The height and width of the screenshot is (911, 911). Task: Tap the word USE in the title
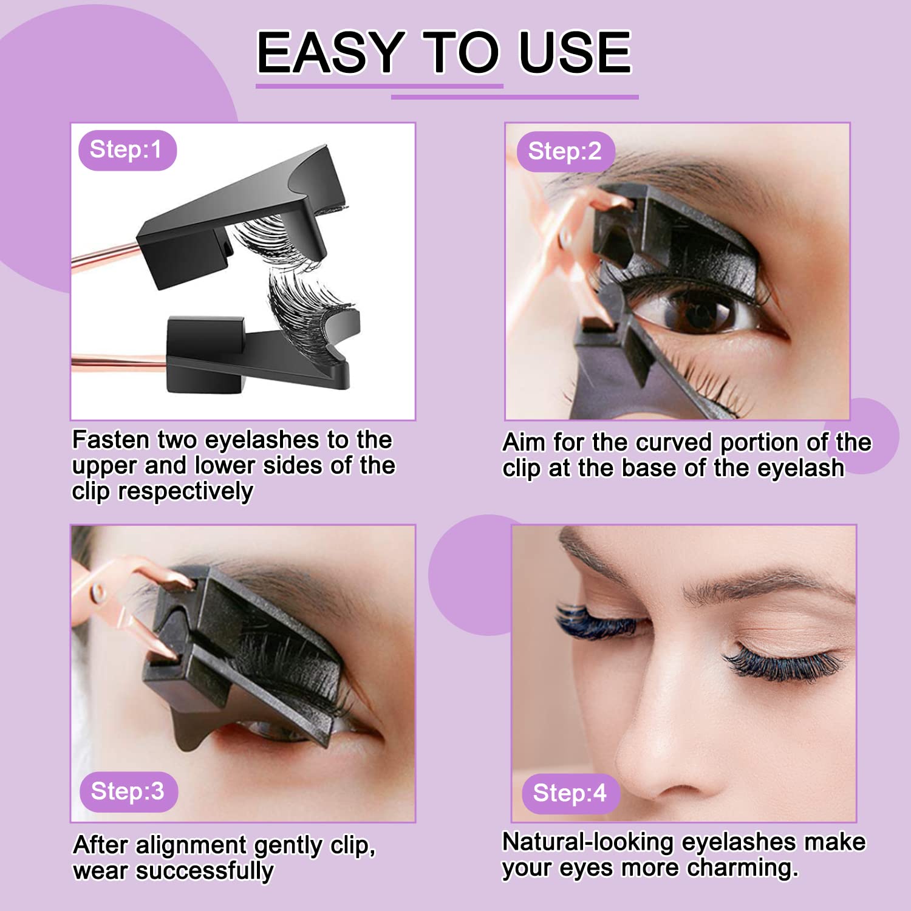pos(575,52)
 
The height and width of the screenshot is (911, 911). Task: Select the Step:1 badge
pos(127,150)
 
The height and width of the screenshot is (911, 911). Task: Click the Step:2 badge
pos(565,151)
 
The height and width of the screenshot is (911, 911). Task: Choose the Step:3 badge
pos(128,791)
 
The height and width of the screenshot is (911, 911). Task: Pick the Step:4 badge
pos(570,793)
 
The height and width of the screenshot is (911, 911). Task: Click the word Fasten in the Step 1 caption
pos(111,439)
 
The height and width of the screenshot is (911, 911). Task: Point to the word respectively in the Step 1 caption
pos(185,491)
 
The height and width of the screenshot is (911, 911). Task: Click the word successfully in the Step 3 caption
pos(204,871)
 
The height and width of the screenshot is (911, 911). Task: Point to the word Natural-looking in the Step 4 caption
pos(588,842)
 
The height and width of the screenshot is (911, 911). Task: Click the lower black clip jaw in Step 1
pos(255,358)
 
